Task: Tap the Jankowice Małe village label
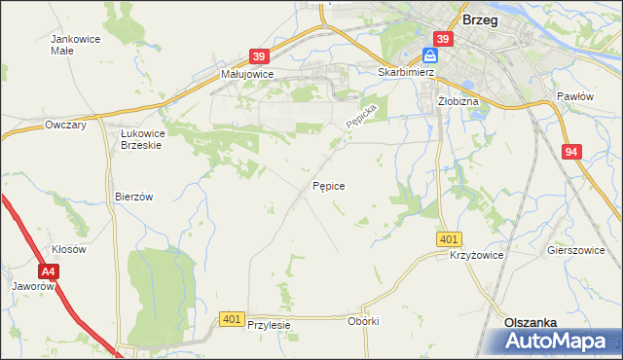69,46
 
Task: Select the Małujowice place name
247,73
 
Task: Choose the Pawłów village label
574,96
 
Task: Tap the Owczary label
66,125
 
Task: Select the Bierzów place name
134,196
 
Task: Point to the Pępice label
329,184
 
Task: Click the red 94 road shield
572,152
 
